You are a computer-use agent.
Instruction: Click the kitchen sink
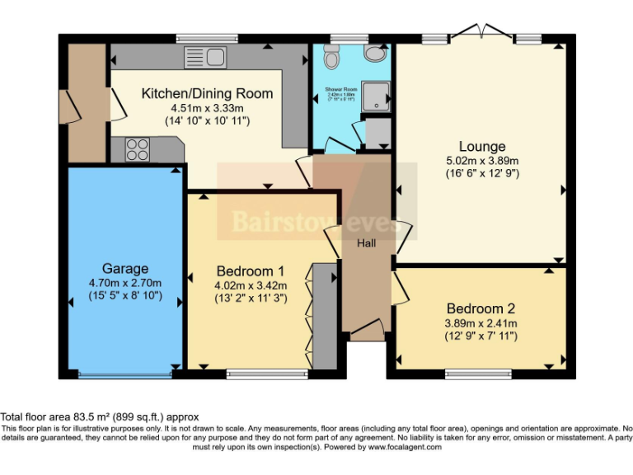(x=206, y=57)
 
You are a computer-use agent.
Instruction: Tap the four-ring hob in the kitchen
(x=137, y=150)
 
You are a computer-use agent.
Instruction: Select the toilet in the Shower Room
(x=331, y=57)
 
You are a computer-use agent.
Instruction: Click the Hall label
(x=366, y=243)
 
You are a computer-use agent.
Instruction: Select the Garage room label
(x=125, y=268)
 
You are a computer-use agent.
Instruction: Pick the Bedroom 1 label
(x=251, y=270)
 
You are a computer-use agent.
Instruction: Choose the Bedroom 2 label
(x=481, y=309)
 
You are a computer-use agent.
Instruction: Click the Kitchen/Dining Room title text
(x=207, y=93)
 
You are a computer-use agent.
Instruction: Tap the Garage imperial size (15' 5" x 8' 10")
(x=125, y=297)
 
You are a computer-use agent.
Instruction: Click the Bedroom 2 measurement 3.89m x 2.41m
(x=481, y=323)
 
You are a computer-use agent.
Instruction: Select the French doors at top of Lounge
(x=481, y=34)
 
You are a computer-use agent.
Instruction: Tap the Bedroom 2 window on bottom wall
(x=477, y=374)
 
